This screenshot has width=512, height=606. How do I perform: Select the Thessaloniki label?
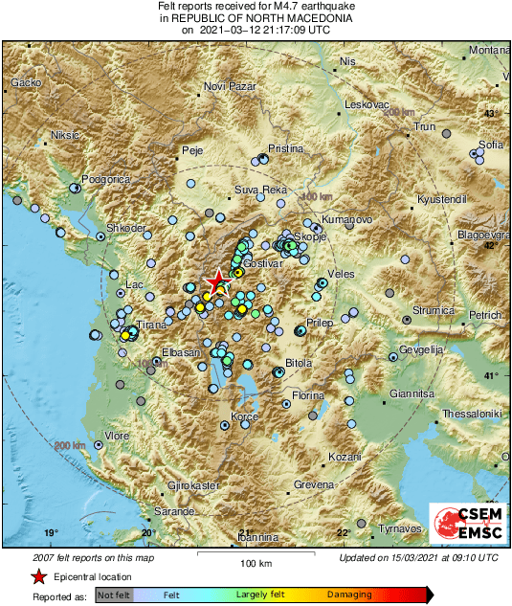tap(472, 414)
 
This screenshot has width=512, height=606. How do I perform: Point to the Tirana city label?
tap(151, 325)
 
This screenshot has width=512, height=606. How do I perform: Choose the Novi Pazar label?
tap(231, 87)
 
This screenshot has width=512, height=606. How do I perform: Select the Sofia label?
tap(491, 145)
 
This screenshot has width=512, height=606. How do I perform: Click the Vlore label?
tap(117, 436)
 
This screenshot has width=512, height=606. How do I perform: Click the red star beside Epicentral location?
tap(38, 576)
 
